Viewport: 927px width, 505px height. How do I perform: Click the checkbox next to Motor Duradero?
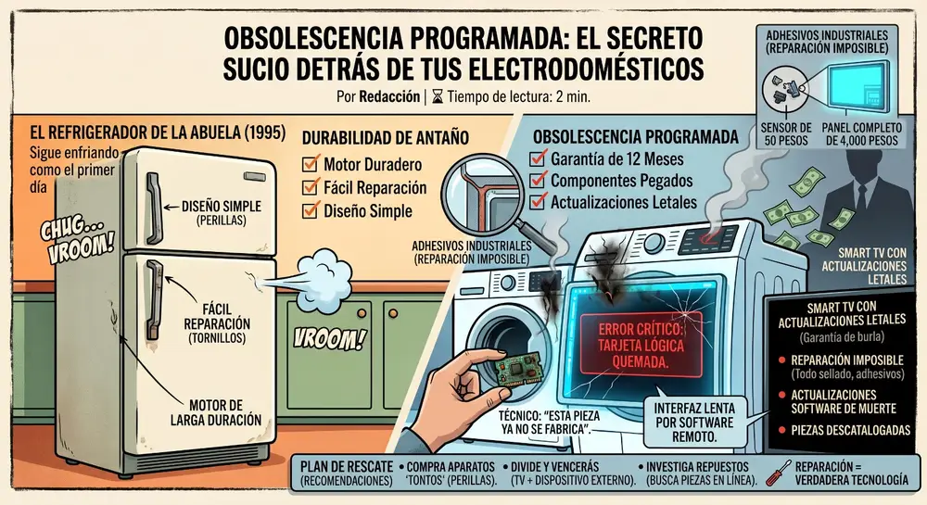(310, 164)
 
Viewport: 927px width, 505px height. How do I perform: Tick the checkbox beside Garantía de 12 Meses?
(538, 158)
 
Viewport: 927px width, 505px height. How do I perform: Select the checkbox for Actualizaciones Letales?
(538, 202)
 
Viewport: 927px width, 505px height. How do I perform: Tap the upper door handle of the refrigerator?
(153, 208)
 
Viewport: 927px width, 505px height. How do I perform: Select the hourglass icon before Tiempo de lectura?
(437, 96)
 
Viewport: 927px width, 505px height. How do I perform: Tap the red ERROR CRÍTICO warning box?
(640, 345)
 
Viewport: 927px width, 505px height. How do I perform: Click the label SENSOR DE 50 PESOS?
(786, 134)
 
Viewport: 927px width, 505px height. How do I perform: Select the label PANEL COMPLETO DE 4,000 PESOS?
(861, 134)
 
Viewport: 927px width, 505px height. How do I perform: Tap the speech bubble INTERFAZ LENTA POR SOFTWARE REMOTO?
(694, 422)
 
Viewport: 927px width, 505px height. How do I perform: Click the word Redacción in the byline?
(389, 96)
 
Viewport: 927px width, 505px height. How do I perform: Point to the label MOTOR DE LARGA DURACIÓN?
(216, 412)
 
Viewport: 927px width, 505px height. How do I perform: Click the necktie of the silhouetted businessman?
(862, 195)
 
